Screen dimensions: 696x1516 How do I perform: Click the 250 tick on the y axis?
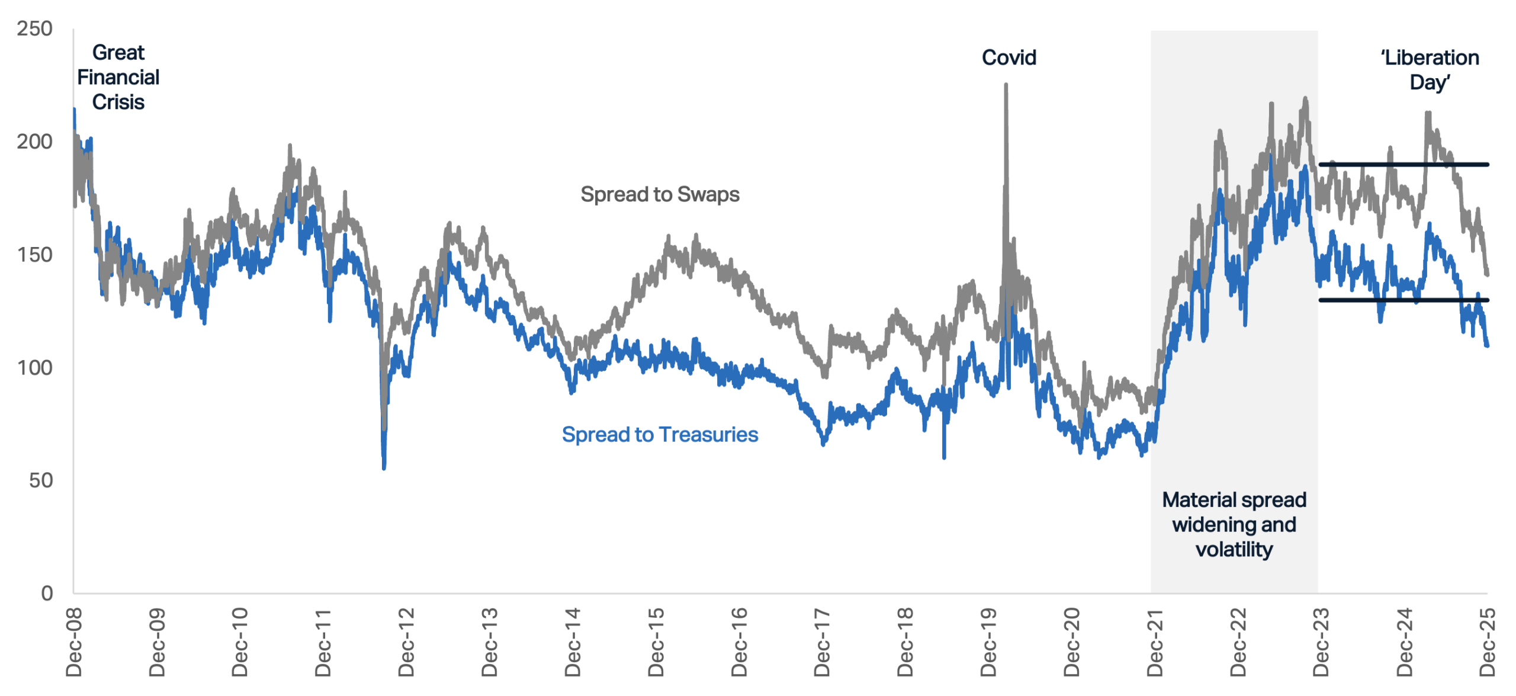[x=34, y=28]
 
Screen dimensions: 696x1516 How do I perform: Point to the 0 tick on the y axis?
[x=47, y=592]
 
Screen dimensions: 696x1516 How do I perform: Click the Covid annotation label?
[x=1009, y=57]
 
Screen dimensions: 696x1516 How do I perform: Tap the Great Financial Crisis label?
[x=118, y=77]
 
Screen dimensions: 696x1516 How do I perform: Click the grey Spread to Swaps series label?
[x=660, y=195]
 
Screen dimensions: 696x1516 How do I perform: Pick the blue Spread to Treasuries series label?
[x=660, y=434]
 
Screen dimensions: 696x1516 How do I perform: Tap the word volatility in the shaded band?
[x=1234, y=550]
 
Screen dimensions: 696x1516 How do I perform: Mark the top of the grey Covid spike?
[x=1006, y=84]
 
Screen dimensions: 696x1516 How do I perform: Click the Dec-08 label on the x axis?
[x=73, y=642]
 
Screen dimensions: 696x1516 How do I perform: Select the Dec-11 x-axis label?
[x=323, y=642]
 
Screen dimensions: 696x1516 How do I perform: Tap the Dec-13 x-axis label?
[x=489, y=642]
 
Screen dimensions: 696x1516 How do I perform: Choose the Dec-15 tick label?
[x=656, y=642]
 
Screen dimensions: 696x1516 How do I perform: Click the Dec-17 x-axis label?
[x=822, y=642]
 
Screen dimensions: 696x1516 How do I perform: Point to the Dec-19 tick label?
[x=988, y=642]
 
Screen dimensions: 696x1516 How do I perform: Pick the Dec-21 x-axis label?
[x=1155, y=642]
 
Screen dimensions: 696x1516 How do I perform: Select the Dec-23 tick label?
[x=1321, y=642]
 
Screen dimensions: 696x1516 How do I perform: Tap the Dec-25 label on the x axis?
[x=1488, y=642]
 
